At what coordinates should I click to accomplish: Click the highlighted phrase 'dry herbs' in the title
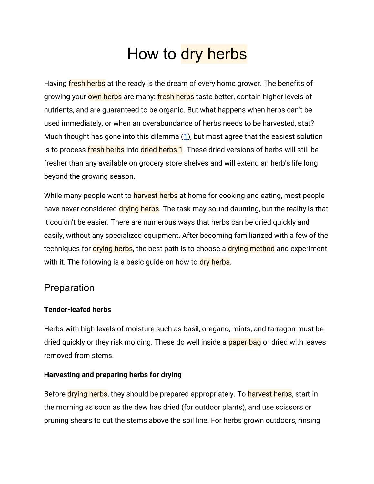click(x=214, y=54)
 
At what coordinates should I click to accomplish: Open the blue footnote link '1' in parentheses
click(x=186, y=136)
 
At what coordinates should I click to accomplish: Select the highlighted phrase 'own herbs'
click(x=105, y=97)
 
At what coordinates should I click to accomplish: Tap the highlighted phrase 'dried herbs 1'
click(x=161, y=150)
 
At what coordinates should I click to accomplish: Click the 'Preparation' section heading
click(x=69, y=288)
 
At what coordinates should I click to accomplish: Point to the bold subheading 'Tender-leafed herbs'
click(x=77, y=310)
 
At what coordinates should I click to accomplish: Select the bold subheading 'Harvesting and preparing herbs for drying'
click(x=113, y=375)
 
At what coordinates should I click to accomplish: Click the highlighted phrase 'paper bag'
click(x=244, y=342)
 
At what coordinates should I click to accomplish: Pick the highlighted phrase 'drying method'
click(x=251, y=249)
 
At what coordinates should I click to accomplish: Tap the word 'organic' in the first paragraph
click(x=173, y=110)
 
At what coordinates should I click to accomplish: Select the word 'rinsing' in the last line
click(x=308, y=421)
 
